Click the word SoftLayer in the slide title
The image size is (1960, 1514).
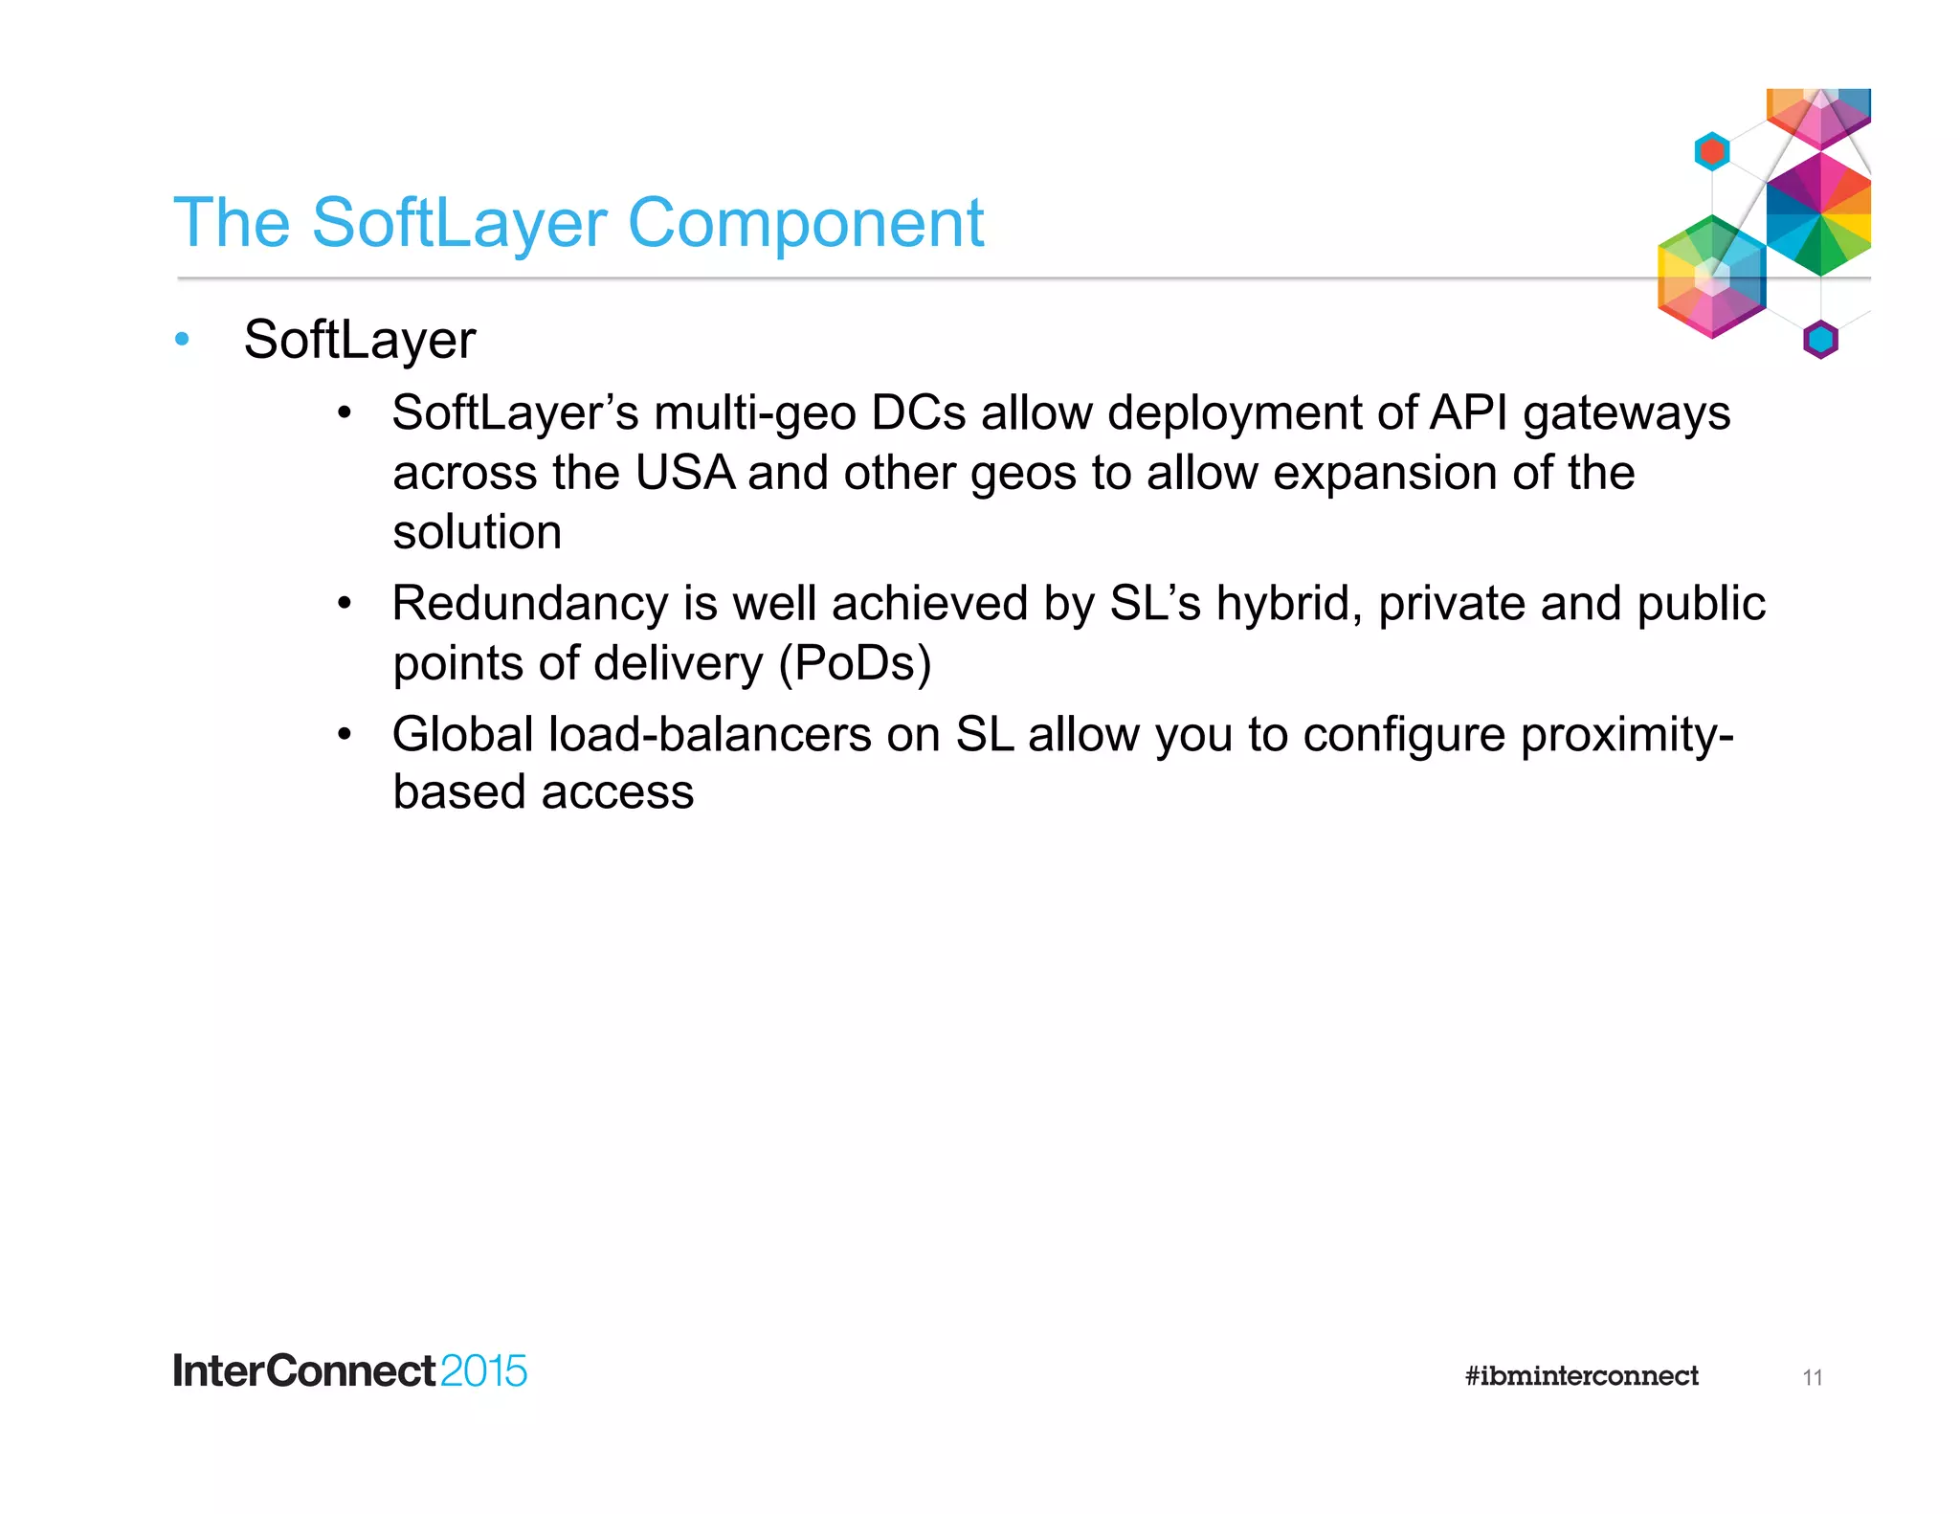(459, 223)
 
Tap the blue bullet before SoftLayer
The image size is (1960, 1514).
(183, 340)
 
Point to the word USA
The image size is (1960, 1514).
(684, 473)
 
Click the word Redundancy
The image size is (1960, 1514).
(530, 604)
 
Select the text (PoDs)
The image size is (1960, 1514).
(855, 663)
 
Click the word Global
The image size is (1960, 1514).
(462, 734)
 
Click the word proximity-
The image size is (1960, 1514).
(1627, 736)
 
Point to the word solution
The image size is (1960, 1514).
(477, 532)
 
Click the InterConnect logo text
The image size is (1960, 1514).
(304, 1371)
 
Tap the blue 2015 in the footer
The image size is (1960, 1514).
(483, 1371)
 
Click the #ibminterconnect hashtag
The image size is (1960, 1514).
(1581, 1376)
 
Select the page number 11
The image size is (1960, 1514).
(1812, 1378)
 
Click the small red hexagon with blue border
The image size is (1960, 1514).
(1711, 151)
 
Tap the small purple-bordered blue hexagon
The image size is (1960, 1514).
(1820, 340)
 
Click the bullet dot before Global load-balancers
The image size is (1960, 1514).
(345, 735)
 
